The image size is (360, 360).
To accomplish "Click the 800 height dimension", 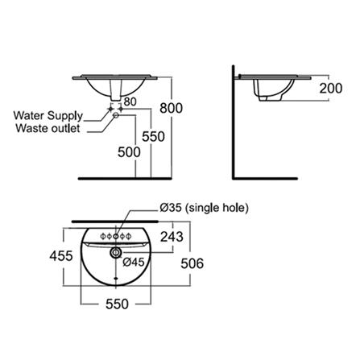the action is [171, 108].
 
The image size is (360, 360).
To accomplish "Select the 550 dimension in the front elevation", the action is [153, 136].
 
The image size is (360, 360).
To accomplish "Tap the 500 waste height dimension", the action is [129, 152].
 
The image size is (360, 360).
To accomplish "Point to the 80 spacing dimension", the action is [130, 101].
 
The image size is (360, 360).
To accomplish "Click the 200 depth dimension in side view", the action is [331, 88].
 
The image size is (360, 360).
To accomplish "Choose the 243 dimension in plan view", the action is [172, 237].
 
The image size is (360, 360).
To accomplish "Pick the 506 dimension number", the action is [192, 263].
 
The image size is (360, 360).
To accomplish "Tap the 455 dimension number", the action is [61, 255].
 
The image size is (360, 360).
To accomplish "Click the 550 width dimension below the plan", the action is [117, 304].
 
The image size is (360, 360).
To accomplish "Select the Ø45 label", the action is [134, 262].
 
